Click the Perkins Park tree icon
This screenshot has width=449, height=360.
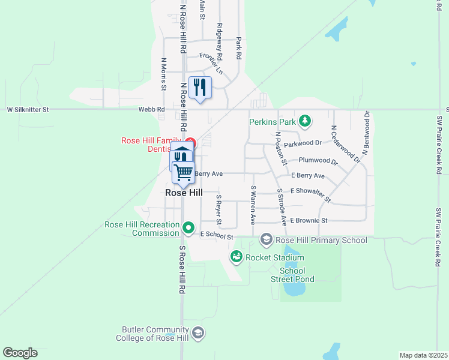[305, 122]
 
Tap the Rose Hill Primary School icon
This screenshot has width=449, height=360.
[267, 240]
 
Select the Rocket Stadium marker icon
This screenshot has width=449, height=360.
[237, 257]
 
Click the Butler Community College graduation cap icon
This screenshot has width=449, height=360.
[198, 333]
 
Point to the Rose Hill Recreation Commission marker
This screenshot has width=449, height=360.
[189, 228]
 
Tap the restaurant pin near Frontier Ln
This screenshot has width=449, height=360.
[200, 88]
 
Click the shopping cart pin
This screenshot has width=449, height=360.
[184, 172]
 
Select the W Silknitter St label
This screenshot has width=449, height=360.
[28, 110]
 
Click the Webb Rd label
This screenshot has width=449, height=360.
[151, 110]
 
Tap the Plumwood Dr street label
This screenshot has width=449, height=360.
[318, 161]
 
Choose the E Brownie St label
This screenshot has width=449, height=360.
[308, 221]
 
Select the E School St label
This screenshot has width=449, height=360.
[216, 236]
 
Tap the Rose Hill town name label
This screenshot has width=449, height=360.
[184, 193]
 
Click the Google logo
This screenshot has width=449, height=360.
[20, 353]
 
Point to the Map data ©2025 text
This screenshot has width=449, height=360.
[423, 355]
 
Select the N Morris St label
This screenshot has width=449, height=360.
[163, 74]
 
